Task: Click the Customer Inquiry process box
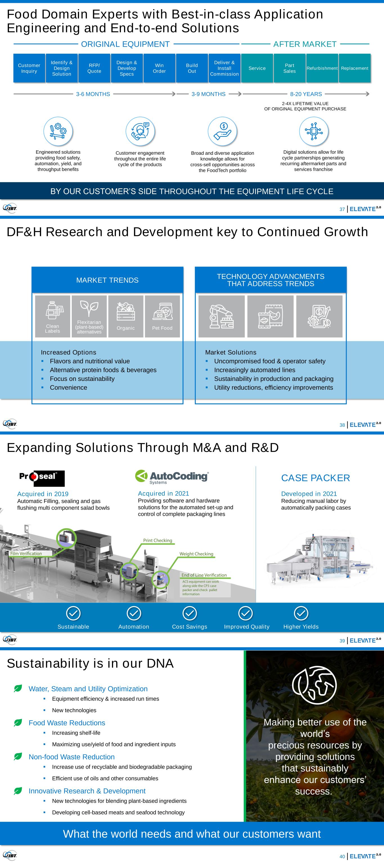(x=29, y=68)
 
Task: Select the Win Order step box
(x=159, y=68)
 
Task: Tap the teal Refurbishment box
(x=322, y=68)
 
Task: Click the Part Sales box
(x=289, y=68)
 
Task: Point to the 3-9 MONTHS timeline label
(x=208, y=94)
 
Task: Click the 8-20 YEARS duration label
(x=306, y=94)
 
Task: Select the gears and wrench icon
(x=58, y=131)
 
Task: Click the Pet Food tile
(x=162, y=316)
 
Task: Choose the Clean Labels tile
(x=53, y=316)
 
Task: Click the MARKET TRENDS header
(x=107, y=280)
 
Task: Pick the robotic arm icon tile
(x=221, y=316)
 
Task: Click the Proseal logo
(x=42, y=478)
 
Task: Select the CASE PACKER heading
(x=315, y=478)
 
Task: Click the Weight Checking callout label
(x=196, y=554)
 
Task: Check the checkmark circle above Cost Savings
(x=190, y=614)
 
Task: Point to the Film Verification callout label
(x=26, y=553)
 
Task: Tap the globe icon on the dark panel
(x=315, y=685)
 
